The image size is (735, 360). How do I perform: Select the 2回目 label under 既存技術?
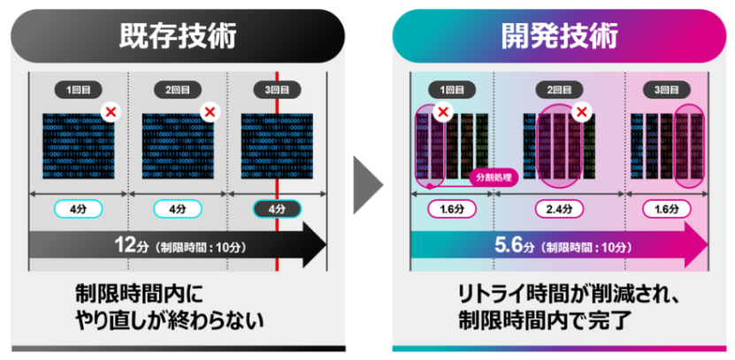(178, 89)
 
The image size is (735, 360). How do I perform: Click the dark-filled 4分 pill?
(278, 210)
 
